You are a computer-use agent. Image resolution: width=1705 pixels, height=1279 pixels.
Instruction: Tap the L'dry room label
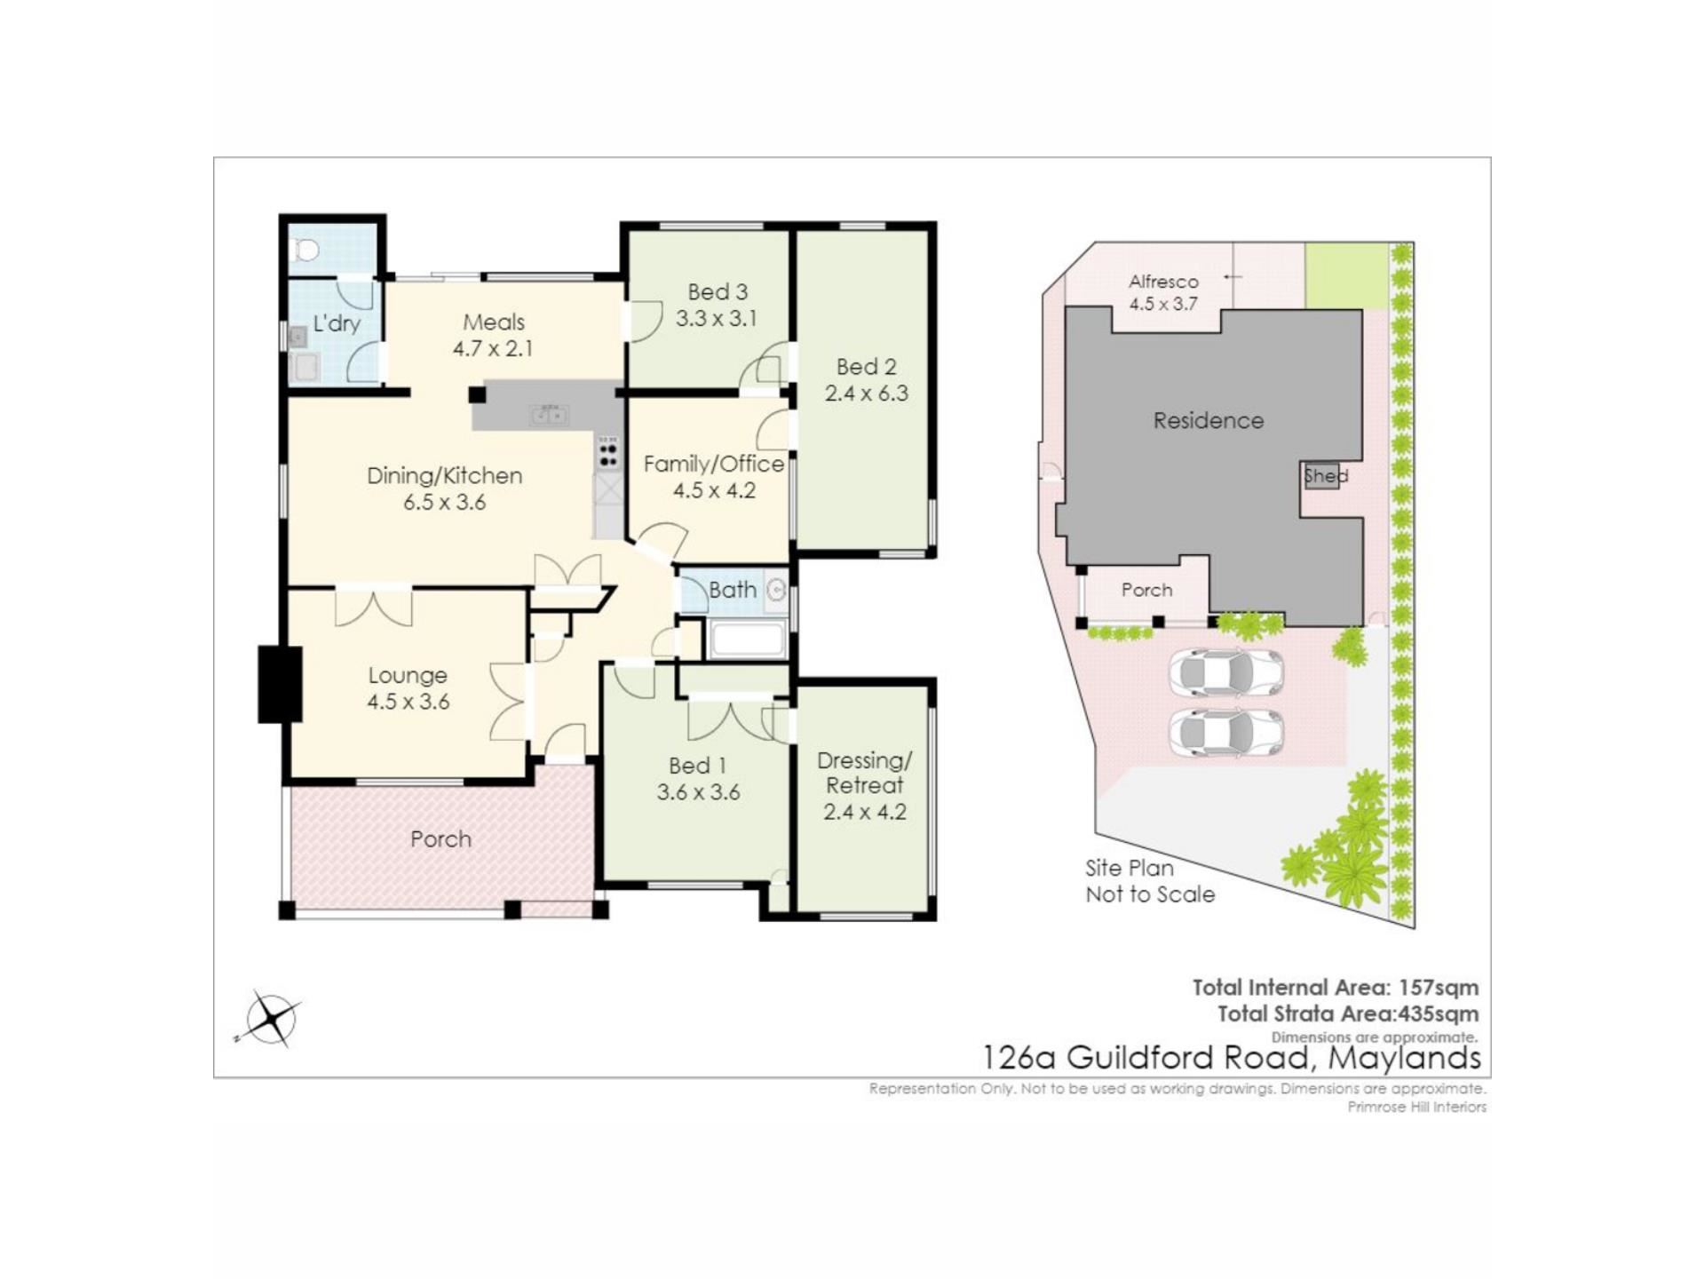(x=337, y=322)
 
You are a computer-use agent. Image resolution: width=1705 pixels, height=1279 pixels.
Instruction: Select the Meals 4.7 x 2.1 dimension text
(x=493, y=348)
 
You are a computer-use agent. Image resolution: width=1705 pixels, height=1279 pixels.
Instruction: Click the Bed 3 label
(x=718, y=291)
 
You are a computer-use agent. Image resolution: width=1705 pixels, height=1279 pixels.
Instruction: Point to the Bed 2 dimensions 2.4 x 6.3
(x=867, y=393)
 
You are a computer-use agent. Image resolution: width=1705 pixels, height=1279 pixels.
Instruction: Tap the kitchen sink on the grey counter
(x=549, y=414)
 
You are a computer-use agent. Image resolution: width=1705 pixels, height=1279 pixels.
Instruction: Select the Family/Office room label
(x=714, y=464)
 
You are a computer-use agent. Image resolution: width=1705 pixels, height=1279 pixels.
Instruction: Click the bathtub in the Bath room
(x=748, y=640)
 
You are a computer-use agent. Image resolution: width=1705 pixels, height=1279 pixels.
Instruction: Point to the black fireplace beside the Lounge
(x=280, y=684)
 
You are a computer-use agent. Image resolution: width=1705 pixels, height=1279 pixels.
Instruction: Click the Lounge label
(x=408, y=675)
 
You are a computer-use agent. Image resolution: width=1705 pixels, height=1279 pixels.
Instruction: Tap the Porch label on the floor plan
(x=440, y=839)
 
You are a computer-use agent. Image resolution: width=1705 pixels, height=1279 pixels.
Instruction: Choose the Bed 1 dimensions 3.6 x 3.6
(x=698, y=792)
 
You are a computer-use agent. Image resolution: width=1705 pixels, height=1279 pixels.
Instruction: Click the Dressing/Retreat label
(x=864, y=773)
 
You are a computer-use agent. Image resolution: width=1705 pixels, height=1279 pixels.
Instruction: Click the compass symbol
(x=270, y=1018)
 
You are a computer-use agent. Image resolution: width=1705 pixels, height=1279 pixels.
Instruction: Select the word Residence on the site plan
(x=1209, y=420)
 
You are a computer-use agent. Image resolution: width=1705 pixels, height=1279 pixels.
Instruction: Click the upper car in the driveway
(x=1225, y=673)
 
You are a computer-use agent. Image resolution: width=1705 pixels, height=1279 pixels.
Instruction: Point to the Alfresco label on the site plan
(x=1163, y=282)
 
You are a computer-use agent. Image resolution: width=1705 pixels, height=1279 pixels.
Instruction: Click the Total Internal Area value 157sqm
(x=1439, y=987)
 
